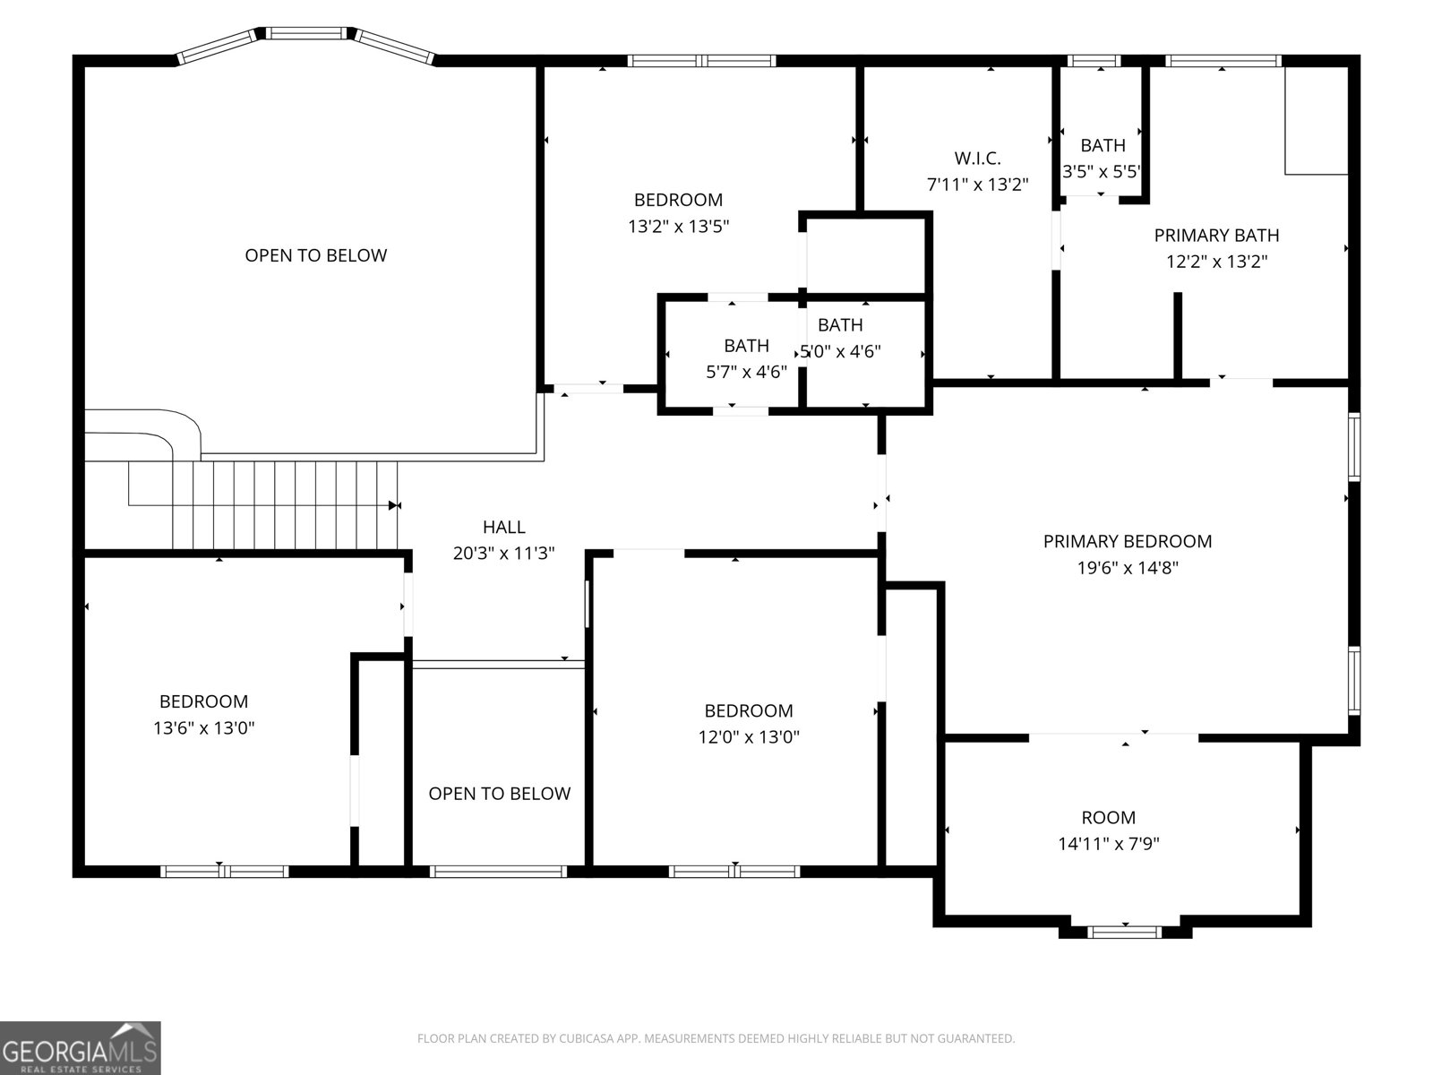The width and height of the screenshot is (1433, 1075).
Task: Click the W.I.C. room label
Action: pyautogui.click(x=977, y=158)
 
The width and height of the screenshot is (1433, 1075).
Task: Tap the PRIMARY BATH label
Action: pyautogui.click(x=1216, y=235)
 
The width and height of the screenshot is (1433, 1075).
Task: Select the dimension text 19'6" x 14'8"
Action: pyautogui.click(x=1128, y=568)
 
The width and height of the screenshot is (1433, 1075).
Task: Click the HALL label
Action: pyautogui.click(x=504, y=527)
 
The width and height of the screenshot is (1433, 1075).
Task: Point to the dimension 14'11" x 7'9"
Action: pyautogui.click(x=1109, y=844)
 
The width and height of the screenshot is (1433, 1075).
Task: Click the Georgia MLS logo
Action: pyautogui.click(x=81, y=1048)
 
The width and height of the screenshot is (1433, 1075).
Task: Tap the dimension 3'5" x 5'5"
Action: pyautogui.click(x=1102, y=172)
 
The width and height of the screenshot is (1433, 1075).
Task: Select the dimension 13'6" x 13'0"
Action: pyautogui.click(x=203, y=727)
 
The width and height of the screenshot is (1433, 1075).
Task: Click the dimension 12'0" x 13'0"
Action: pyautogui.click(x=749, y=737)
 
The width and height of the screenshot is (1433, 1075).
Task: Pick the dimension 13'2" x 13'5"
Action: pyautogui.click(x=678, y=227)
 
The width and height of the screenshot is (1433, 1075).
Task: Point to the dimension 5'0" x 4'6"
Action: pyautogui.click(x=840, y=352)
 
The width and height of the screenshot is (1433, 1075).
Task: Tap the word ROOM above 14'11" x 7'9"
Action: pyautogui.click(x=1109, y=817)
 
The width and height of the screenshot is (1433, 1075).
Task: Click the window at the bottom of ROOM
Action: pyautogui.click(x=1125, y=932)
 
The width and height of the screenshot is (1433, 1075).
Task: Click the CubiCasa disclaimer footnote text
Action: pyautogui.click(x=716, y=1038)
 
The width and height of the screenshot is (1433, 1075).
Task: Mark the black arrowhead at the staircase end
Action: pyautogui.click(x=394, y=505)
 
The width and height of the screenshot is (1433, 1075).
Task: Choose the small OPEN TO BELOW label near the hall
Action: pyautogui.click(x=500, y=793)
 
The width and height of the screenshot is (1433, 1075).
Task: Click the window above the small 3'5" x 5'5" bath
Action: pyautogui.click(x=1094, y=61)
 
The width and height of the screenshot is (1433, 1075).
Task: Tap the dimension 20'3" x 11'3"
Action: pyautogui.click(x=504, y=554)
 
